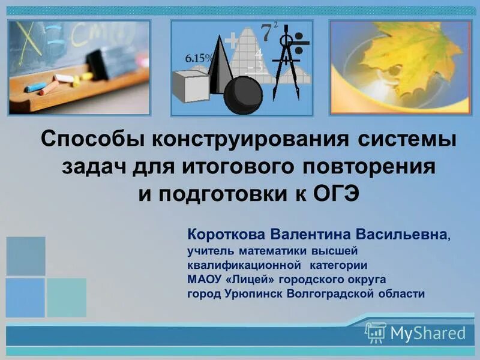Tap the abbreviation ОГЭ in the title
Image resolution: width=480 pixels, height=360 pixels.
tap(332, 193)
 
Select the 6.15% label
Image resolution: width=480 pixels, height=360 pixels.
tap(199, 58)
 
